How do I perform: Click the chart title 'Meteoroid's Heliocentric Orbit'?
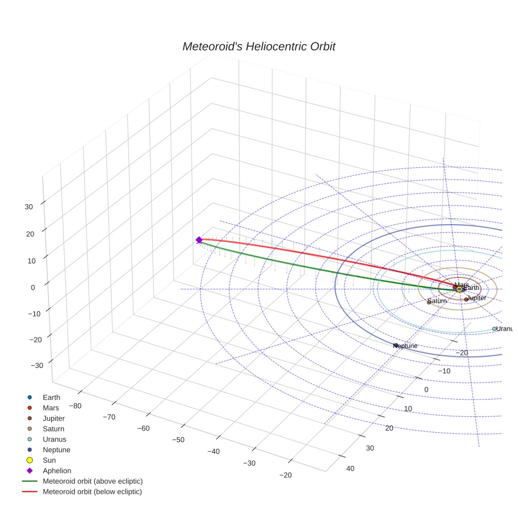coord(258,46)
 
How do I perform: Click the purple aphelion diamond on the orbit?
coord(199,240)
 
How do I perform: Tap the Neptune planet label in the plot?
coord(406,346)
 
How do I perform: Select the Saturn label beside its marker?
coord(437,301)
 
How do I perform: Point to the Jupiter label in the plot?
coord(477,298)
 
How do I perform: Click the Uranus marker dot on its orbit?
coord(494,328)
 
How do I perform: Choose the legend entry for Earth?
coord(51,397)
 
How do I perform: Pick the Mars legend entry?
coord(51,407)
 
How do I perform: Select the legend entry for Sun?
coord(49,460)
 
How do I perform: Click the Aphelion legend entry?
coord(56,471)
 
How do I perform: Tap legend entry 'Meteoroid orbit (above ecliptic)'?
coord(93,481)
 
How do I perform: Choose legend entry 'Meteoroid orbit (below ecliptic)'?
coord(92,492)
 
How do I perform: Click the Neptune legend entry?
coord(56,450)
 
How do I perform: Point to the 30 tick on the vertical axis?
coord(28,207)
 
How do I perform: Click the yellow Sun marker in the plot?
coord(460,289)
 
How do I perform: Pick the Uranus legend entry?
coord(54,439)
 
